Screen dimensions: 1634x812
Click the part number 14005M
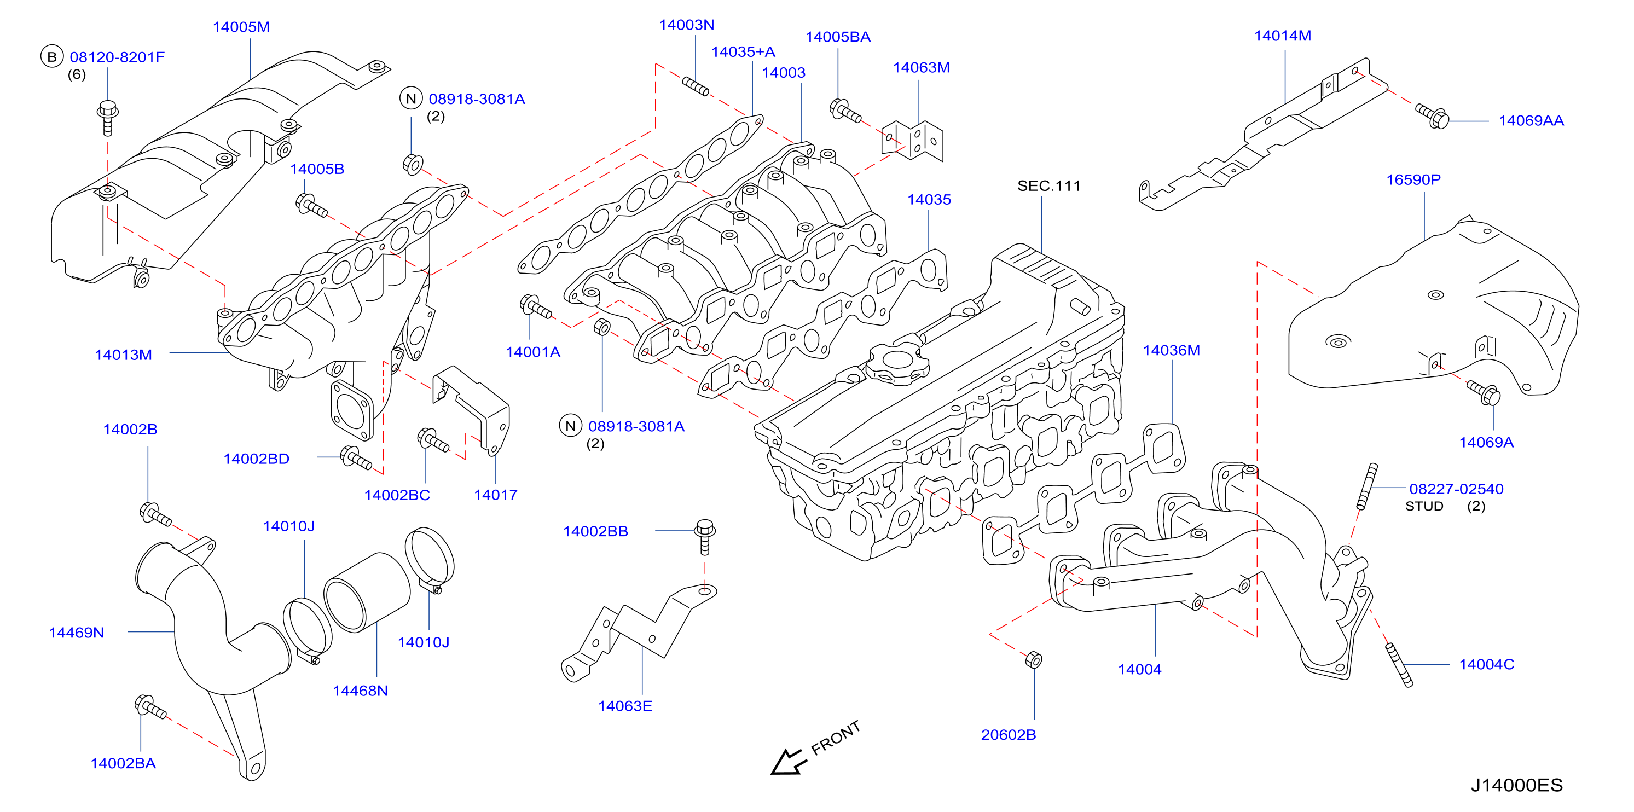[x=241, y=27]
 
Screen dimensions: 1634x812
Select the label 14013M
[x=124, y=355]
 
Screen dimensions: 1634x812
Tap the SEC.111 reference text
[x=1048, y=186]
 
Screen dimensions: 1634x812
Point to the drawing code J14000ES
[x=1517, y=785]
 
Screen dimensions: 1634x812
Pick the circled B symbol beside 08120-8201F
[x=52, y=57]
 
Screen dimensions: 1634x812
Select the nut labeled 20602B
[x=1033, y=660]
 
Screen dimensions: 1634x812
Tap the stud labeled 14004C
[x=1399, y=665]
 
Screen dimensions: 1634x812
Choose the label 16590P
[x=1413, y=180]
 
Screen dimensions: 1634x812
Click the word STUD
[x=1424, y=506]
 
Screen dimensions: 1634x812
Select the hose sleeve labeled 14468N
[x=367, y=593]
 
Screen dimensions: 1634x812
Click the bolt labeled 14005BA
[x=845, y=111]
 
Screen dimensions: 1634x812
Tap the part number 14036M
[x=1171, y=351]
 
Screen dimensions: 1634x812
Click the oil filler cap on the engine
[x=897, y=363]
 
